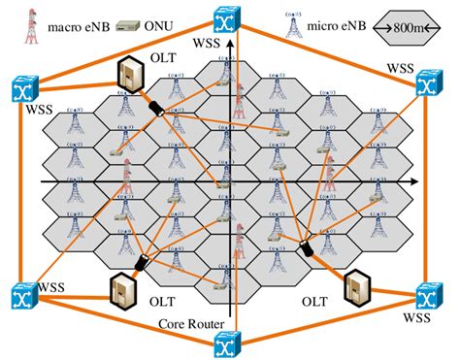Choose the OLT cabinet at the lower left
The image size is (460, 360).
tap(121, 289)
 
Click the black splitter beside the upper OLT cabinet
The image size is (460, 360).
tap(151, 105)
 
